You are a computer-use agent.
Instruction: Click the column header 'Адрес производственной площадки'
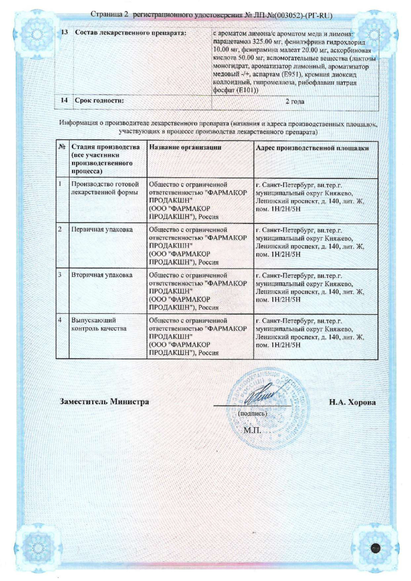coord(312,148)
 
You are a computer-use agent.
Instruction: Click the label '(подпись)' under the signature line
coord(252,414)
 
